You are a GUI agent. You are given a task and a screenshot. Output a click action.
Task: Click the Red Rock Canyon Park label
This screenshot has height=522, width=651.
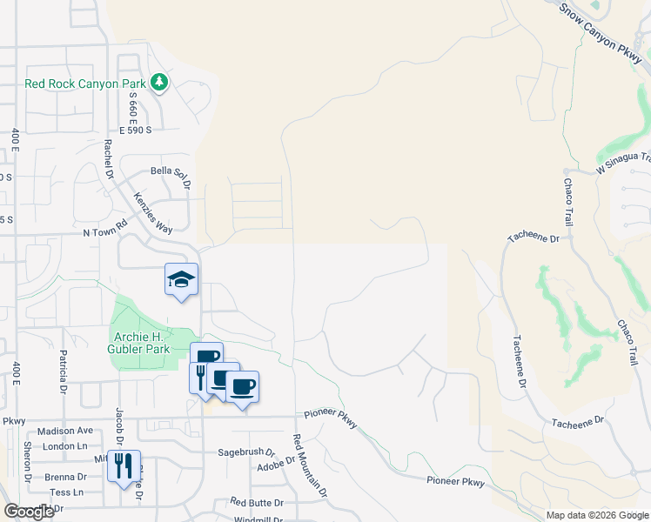click(86, 84)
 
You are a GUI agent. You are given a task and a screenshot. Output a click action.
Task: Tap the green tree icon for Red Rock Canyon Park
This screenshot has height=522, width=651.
click(158, 83)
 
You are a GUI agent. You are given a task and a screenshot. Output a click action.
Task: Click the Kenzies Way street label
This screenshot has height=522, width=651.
click(153, 212)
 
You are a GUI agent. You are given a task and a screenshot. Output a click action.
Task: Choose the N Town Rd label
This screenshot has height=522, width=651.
click(105, 233)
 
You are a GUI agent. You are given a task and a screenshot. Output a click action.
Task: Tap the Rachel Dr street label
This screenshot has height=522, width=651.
click(110, 159)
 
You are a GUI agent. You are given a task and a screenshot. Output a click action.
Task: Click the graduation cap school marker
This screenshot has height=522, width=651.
click(182, 280)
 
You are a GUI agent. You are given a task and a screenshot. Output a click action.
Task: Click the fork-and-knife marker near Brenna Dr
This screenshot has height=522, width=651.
click(124, 466)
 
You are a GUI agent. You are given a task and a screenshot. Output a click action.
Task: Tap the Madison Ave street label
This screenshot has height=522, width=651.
click(65, 431)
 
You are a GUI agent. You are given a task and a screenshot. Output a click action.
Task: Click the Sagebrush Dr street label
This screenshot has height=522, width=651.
click(245, 453)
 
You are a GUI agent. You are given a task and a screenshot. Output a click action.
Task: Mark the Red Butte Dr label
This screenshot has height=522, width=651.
click(257, 503)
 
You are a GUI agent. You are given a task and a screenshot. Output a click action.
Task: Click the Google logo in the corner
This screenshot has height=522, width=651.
click(29, 512)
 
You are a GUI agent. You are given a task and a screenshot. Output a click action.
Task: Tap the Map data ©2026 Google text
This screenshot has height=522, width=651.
click(596, 515)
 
